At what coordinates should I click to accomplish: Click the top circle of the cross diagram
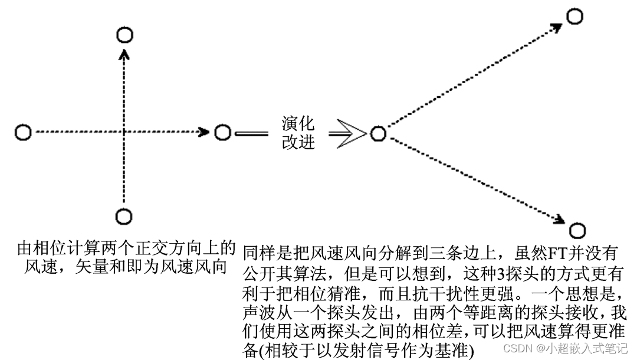(124, 35)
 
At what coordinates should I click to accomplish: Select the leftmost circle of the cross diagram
(23, 132)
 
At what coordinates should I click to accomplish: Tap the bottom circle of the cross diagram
(123, 217)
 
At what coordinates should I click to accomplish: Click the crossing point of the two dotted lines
(124, 132)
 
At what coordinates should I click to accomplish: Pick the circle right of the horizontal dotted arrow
(222, 132)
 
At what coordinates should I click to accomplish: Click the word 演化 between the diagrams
(298, 123)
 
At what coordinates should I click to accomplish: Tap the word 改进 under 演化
(298, 142)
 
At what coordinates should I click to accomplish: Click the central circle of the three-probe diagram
(378, 134)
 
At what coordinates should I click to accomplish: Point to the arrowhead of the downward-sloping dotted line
(557, 220)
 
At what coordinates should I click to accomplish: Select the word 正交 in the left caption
(148, 247)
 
